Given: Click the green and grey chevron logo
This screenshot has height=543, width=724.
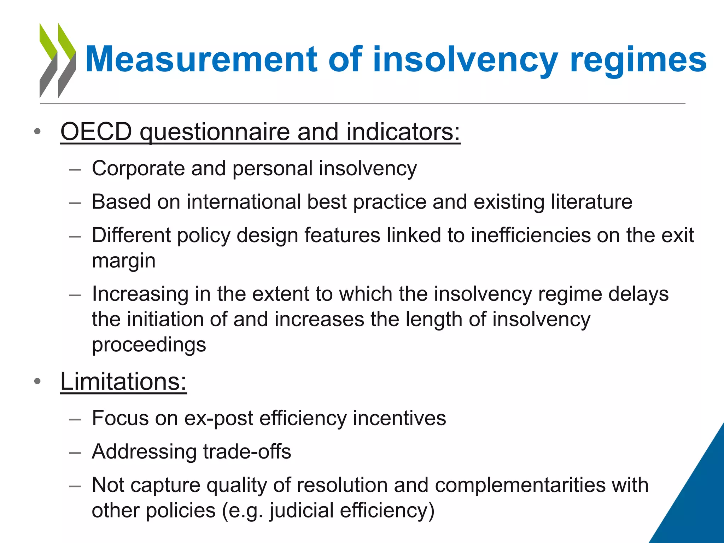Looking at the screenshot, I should [x=58, y=60].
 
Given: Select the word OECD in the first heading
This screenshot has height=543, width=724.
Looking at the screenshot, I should [x=96, y=132].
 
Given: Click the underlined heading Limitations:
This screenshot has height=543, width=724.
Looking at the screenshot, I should [x=123, y=382].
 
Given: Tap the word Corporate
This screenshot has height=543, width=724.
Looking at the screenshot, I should [x=138, y=168].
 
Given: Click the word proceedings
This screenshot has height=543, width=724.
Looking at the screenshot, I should [x=149, y=345].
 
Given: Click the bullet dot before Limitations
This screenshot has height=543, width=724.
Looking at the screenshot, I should [x=37, y=382].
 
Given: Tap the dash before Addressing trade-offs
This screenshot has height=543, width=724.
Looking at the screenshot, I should [x=75, y=452].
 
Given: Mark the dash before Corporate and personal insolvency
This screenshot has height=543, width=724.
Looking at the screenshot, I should [x=75, y=169].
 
